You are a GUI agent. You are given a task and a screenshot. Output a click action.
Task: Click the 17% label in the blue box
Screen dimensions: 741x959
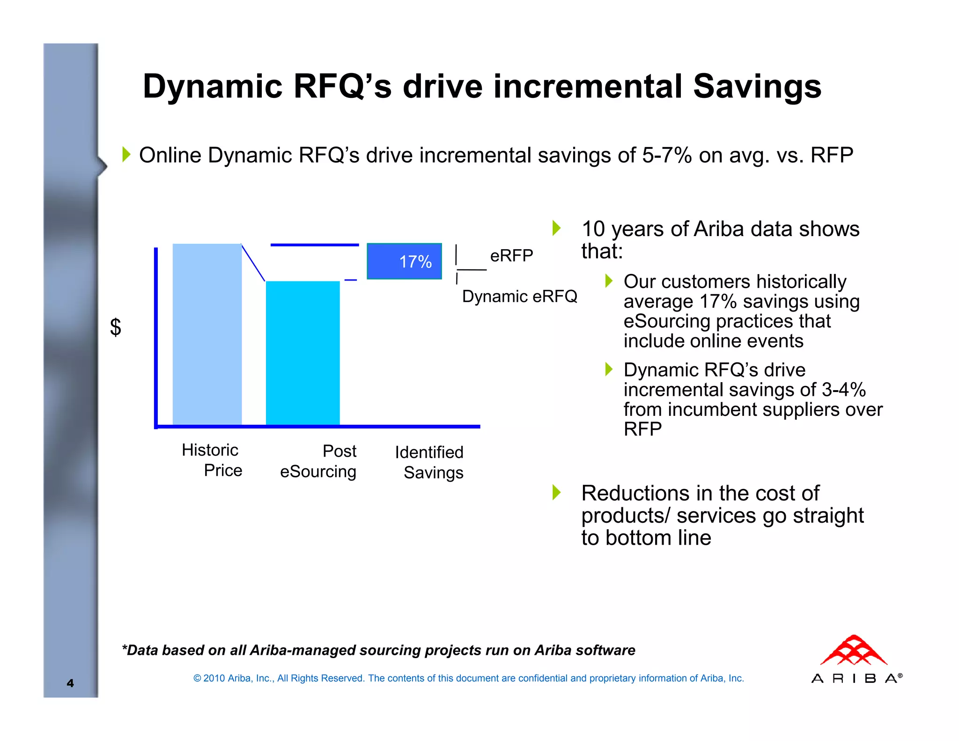pyautogui.click(x=415, y=261)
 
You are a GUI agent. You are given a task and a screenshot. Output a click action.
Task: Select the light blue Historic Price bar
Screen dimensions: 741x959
pyautogui.click(x=207, y=334)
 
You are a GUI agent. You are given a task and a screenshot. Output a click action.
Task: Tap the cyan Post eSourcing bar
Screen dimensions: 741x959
pyautogui.click(x=302, y=353)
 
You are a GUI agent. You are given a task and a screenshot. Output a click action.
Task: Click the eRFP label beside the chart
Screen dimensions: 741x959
pyautogui.click(x=511, y=256)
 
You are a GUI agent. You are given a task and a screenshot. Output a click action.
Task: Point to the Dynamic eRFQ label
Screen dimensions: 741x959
pyautogui.click(x=519, y=296)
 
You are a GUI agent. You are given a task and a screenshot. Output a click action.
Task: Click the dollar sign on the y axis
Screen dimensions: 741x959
pyautogui.click(x=116, y=327)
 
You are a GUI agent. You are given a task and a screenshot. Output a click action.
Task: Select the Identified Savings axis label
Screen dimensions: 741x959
pyautogui.click(x=429, y=462)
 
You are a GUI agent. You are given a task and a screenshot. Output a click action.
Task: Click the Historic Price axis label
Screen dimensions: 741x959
pyautogui.click(x=212, y=460)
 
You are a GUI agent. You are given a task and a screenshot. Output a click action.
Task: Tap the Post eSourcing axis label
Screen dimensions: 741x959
pyautogui.click(x=318, y=461)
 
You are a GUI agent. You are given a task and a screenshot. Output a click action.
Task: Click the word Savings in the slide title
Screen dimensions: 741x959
pyautogui.click(x=757, y=87)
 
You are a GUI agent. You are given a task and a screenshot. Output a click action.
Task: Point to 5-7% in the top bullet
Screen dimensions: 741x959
pyautogui.click(x=666, y=155)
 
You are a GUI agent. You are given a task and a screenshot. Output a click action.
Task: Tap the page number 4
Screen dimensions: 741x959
pyautogui.click(x=70, y=683)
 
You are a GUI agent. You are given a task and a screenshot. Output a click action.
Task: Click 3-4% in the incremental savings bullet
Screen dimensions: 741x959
pyautogui.click(x=844, y=390)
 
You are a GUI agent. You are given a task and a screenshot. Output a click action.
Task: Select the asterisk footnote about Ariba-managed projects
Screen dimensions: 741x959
pyautogui.click(x=378, y=650)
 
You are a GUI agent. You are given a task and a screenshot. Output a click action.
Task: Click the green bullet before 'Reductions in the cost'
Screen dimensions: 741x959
pyautogui.click(x=556, y=492)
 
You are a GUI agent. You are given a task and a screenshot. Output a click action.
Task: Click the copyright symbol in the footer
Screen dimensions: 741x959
pyautogui.click(x=197, y=678)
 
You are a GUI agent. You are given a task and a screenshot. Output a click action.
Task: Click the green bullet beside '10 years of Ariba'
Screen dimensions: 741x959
pyautogui.click(x=556, y=228)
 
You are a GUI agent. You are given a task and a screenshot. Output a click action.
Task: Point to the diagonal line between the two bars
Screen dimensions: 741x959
pyautogui.click(x=253, y=263)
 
